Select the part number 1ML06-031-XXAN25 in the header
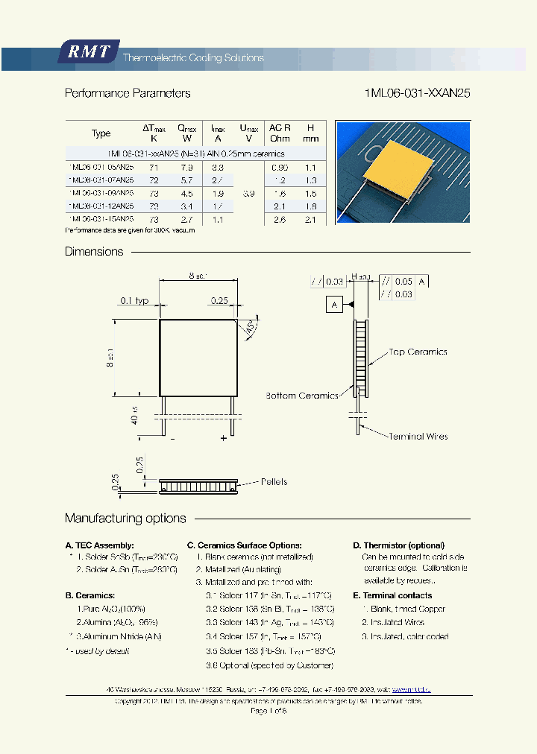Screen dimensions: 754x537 [x=418, y=93]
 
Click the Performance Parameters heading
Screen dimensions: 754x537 [x=128, y=93]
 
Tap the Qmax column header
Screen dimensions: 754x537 [x=187, y=133]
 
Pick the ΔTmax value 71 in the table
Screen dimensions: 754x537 [x=154, y=168]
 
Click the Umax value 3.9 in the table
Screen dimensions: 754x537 [x=248, y=193]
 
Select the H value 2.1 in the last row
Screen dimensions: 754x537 [x=311, y=219]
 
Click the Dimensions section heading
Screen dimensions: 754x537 [x=94, y=252]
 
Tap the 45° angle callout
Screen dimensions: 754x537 [x=250, y=327]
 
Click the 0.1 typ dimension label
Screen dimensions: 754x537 [x=134, y=300]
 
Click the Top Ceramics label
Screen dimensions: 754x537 [x=418, y=352]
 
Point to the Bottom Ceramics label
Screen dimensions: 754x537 [x=302, y=396]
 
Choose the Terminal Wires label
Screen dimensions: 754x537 [x=418, y=436]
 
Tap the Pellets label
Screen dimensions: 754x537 [x=274, y=482]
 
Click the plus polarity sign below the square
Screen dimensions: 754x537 [x=223, y=439]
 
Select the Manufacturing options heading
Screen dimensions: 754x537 [x=125, y=519]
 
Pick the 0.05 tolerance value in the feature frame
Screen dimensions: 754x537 [x=403, y=281]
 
